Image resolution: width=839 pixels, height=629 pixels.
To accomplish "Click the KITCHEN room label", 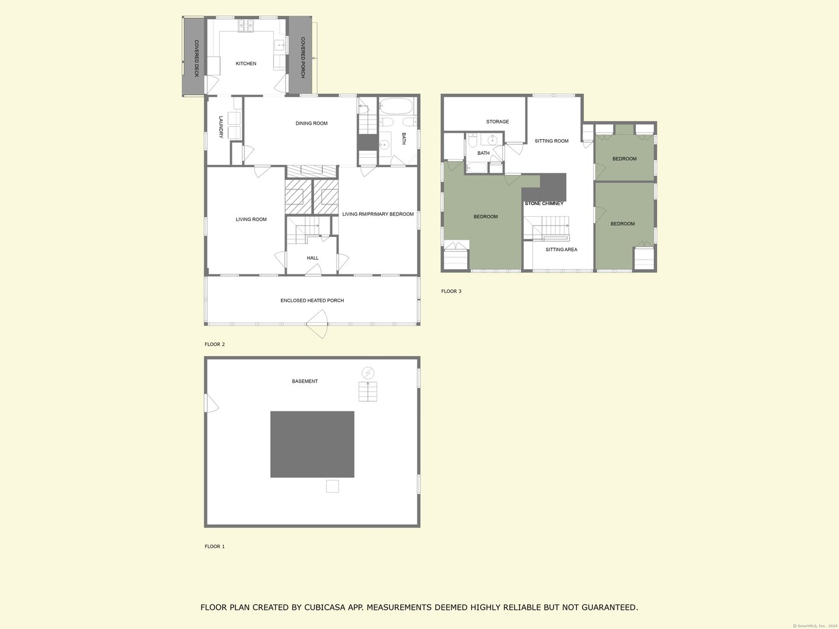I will click(x=246, y=63).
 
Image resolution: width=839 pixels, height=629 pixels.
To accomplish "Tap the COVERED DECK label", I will click(x=196, y=59).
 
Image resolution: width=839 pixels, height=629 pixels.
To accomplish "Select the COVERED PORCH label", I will click(x=303, y=58).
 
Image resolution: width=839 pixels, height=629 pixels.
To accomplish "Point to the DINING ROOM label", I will click(x=312, y=123).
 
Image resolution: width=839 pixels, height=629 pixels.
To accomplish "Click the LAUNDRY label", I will click(x=221, y=127).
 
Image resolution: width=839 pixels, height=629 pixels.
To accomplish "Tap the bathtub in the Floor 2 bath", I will click(x=396, y=107).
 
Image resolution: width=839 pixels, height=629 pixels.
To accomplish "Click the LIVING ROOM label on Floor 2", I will click(x=251, y=220).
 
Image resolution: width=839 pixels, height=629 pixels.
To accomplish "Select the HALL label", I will click(x=313, y=258).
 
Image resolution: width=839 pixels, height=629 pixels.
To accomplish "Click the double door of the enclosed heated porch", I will click(x=318, y=324).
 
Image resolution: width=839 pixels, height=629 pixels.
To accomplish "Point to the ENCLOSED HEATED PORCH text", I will click(x=312, y=301).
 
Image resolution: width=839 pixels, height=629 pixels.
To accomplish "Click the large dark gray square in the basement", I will click(x=312, y=444).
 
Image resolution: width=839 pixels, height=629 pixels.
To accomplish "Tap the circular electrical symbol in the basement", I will click(x=368, y=373).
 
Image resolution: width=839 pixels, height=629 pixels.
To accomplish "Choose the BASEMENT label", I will click(x=305, y=381).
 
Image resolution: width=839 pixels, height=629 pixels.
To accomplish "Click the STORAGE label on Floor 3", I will click(x=498, y=122).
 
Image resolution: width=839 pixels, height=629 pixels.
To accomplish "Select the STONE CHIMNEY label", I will click(x=544, y=204).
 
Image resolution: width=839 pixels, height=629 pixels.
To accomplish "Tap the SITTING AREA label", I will click(x=561, y=250).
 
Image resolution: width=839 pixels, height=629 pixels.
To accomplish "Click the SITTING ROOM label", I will click(x=552, y=141).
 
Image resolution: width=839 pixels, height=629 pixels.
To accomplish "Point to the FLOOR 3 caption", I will click(x=451, y=291).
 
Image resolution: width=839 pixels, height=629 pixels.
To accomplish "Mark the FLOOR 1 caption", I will click(x=214, y=546).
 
